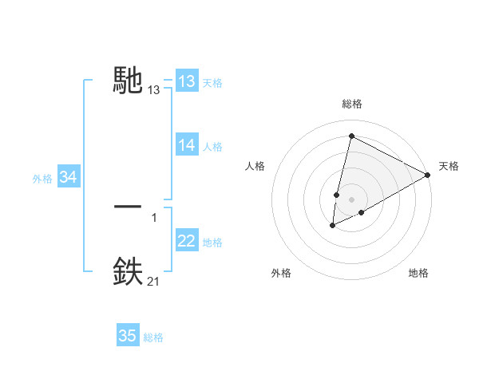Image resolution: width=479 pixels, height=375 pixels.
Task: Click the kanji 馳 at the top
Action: click(129, 80)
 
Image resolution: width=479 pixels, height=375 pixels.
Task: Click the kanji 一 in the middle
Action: click(129, 207)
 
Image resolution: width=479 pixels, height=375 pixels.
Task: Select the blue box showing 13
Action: click(187, 81)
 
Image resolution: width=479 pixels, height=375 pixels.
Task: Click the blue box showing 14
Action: click(187, 145)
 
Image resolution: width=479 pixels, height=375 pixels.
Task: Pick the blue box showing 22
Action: click(187, 241)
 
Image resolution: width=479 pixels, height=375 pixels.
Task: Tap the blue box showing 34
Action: click(68, 177)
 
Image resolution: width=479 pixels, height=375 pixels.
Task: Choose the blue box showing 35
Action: click(128, 336)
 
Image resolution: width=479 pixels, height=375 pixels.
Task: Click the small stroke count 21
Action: click(153, 281)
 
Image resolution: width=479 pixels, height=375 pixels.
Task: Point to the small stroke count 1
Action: click(154, 217)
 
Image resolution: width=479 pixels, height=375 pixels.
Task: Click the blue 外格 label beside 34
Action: click(42, 179)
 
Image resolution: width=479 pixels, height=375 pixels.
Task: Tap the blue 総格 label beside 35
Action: click(153, 337)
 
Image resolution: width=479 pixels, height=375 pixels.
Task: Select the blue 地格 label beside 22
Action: click(212, 243)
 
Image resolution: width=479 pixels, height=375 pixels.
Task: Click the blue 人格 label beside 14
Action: click(212, 147)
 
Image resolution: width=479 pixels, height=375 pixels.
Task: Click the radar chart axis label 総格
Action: click(351, 104)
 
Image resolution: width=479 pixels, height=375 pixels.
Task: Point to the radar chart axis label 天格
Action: click(449, 166)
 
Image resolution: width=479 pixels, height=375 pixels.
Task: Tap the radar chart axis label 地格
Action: click(418, 274)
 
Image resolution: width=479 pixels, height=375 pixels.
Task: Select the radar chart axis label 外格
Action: click(281, 274)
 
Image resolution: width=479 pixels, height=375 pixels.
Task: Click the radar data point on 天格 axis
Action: click(428, 175)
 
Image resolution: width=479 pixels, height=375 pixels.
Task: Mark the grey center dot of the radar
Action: click(351, 199)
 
